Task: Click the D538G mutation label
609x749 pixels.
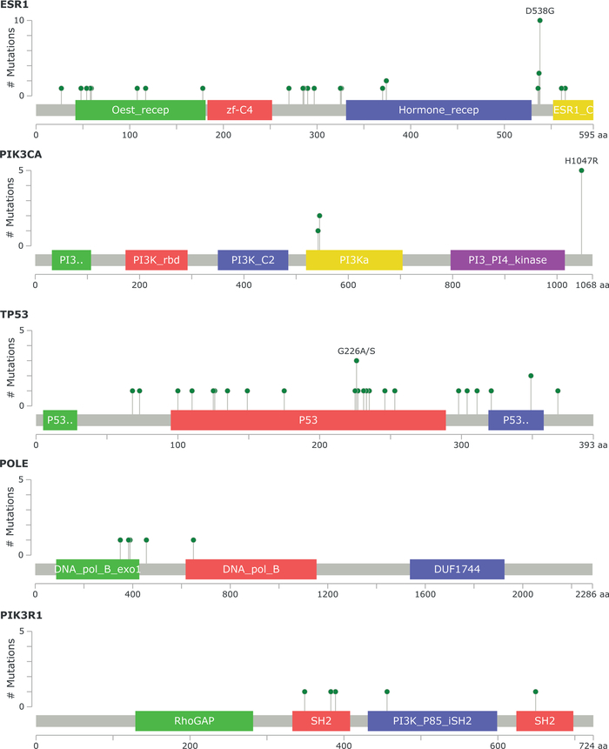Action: [x=539, y=11]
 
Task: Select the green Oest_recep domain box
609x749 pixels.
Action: [x=140, y=110]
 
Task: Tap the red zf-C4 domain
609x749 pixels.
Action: [x=239, y=110]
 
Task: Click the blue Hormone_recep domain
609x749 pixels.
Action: [x=438, y=110]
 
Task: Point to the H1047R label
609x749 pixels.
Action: [x=581, y=161]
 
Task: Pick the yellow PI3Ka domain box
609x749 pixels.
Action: [x=354, y=260]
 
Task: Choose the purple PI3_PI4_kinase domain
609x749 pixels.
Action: [x=507, y=260]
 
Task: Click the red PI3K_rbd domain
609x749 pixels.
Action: [x=157, y=260]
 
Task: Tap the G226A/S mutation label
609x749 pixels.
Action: [x=357, y=351]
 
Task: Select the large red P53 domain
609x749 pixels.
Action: [x=308, y=420]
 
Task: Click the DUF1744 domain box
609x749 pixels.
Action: [x=457, y=569]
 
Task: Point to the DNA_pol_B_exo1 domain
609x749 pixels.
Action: [x=97, y=569]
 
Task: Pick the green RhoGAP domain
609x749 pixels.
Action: [x=194, y=720]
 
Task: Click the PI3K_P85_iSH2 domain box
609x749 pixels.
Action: [x=432, y=720]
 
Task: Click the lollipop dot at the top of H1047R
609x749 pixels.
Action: [x=581, y=171]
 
